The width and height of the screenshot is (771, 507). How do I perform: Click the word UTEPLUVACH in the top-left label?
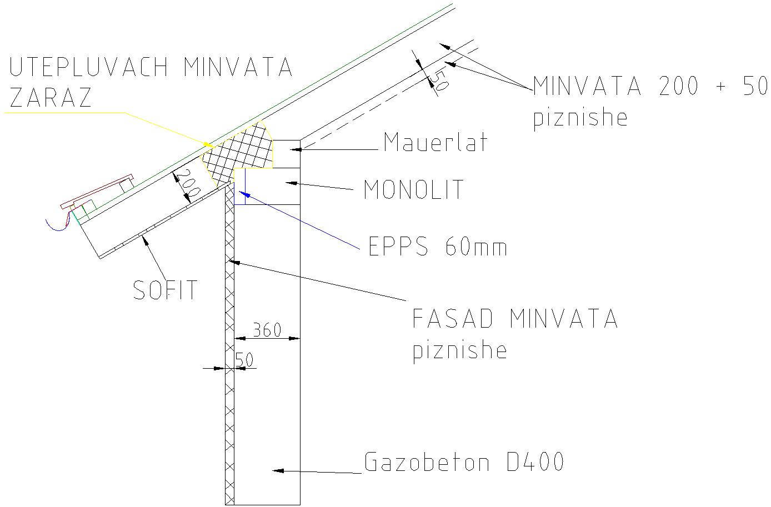88,67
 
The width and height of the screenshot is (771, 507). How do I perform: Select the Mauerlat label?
435,142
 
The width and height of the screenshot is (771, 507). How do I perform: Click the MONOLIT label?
413,189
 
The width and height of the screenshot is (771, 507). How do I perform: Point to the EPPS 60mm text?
438,246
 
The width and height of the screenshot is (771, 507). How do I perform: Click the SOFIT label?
165,290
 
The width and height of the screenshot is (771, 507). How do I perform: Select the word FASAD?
453,318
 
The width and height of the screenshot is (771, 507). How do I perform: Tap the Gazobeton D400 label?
464,461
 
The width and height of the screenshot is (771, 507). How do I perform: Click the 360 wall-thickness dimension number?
267,330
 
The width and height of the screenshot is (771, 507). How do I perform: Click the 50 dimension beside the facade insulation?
244,360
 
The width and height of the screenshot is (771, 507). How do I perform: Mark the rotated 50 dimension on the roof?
439,80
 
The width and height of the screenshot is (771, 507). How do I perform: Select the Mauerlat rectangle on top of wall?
286,154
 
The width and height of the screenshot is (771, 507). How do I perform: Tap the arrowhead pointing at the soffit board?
145,239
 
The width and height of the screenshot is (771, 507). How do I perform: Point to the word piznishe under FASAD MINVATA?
459,350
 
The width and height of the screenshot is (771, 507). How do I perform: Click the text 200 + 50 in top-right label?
713,86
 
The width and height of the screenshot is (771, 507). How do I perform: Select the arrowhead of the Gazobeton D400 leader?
278,470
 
